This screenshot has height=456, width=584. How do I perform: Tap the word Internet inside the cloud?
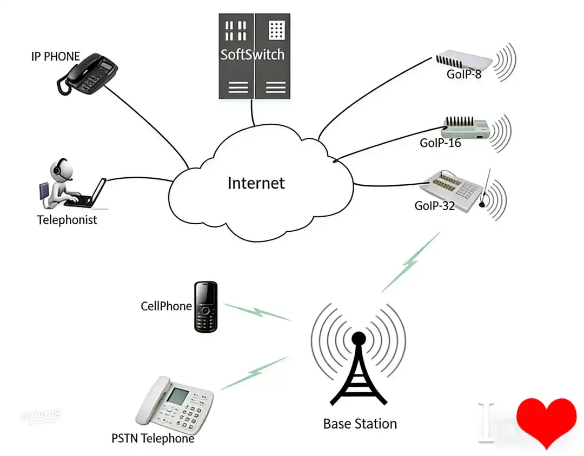(x=256, y=183)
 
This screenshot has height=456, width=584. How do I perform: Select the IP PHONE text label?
(x=55, y=56)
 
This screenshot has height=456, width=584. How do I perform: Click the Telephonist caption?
(x=67, y=220)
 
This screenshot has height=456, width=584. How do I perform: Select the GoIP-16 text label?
(x=440, y=143)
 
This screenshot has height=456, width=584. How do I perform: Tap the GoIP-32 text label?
(x=435, y=206)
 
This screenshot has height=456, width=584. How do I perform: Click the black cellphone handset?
(x=206, y=306)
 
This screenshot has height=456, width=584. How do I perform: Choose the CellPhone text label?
(x=166, y=306)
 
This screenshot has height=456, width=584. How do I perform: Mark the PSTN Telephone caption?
(x=152, y=438)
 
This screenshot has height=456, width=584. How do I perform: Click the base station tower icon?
(x=358, y=367)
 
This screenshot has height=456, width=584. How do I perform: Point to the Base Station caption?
(x=360, y=424)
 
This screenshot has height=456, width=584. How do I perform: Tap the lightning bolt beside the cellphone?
(x=257, y=312)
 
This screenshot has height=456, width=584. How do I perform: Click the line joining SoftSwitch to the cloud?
(x=252, y=113)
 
